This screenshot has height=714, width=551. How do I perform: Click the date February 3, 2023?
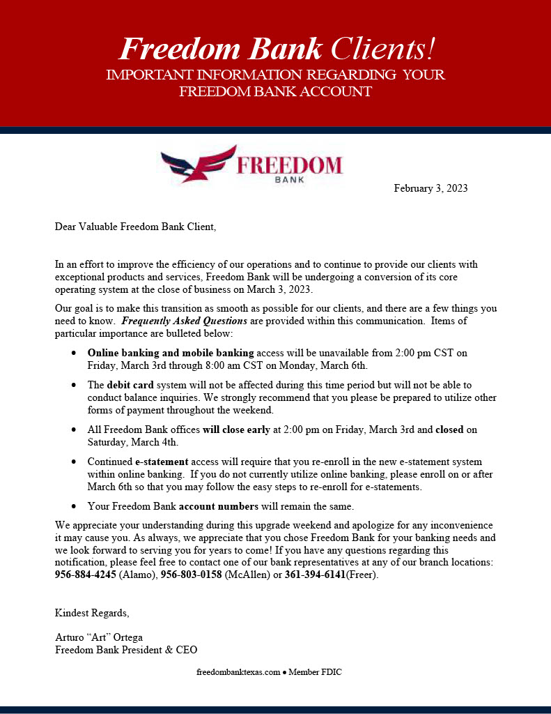pyautogui.click(x=430, y=188)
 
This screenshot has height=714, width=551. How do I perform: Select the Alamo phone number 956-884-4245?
pyautogui.click(x=86, y=575)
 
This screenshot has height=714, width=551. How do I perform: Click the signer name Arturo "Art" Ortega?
pyautogui.click(x=99, y=637)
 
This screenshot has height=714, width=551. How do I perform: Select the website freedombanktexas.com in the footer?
pyautogui.click(x=238, y=672)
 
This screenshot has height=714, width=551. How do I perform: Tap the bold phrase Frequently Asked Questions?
pyautogui.click(x=185, y=321)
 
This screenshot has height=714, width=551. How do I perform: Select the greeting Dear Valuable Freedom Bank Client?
pyautogui.click(x=136, y=226)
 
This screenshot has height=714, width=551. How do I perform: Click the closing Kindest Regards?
pyautogui.click(x=92, y=613)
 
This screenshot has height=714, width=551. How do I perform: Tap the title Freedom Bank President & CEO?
pyautogui.click(x=126, y=650)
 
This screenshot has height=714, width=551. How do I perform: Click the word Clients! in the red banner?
pyautogui.click(x=383, y=49)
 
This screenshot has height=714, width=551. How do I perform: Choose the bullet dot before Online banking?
pyautogui.click(x=74, y=354)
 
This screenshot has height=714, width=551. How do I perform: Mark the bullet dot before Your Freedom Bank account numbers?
pyautogui.click(x=74, y=506)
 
